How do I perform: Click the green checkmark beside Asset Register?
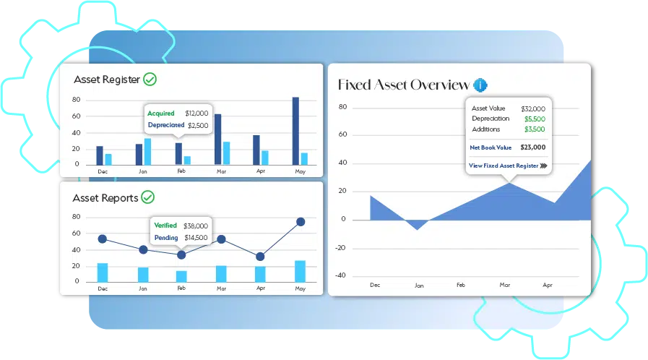pos(150,79)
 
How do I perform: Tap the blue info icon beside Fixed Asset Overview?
pos(480,85)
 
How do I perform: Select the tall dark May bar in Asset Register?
pos(295,131)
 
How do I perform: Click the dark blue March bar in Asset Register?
pos(217,140)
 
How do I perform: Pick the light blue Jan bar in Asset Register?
pos(147,152)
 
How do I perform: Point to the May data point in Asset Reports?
pos(301,222)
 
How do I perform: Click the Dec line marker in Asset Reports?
pos(103,239)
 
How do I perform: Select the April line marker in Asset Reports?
pos(260,257)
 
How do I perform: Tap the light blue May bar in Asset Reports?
pos(300,271)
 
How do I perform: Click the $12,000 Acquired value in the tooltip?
pos(196,113)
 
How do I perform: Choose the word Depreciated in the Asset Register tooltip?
pos(166,125)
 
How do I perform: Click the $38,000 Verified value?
pos(196,226)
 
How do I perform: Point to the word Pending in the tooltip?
pos(166,238)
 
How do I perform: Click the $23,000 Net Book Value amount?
pos(533,147)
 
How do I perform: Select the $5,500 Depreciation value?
pos(535,119)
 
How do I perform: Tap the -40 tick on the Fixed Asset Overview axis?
pos(340,275)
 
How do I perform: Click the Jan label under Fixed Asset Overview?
pos(419,286)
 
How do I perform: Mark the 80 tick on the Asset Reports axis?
pos(76,217)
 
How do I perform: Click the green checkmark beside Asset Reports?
pos(147,197)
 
